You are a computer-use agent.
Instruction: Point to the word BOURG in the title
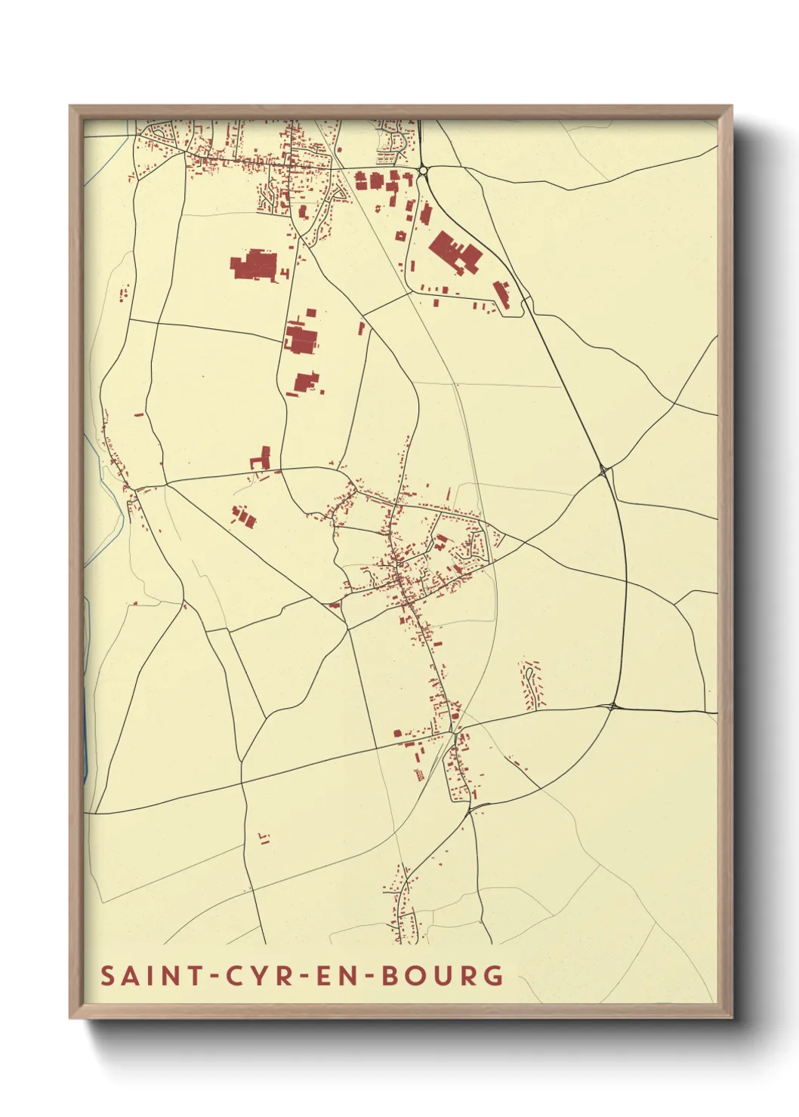(x=443, y=975)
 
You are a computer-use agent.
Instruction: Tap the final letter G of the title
(x=494, y=975)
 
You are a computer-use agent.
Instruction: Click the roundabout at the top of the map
(x=423, y=171)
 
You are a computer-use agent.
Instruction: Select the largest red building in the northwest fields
(x=255, y=266)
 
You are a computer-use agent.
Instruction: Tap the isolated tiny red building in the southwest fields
(x=264, y=838)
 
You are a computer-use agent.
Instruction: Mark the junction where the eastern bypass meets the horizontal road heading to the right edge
(x=610, y=707)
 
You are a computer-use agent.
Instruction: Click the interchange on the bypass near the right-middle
(x=603, y=471)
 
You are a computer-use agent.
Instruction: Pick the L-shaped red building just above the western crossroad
(x=261, y=458)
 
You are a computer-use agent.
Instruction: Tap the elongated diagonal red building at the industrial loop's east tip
(x=501, y=294)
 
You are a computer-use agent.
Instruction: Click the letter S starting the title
(x=107, y=975)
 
